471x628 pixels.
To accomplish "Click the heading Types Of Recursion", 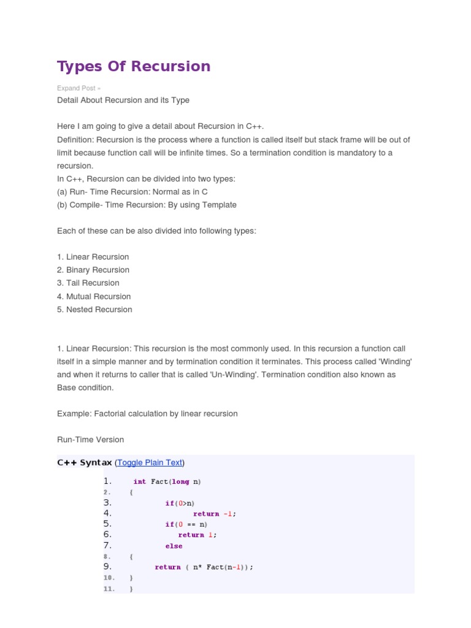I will click(134, 66).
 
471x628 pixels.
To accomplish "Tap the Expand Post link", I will click(78, 88).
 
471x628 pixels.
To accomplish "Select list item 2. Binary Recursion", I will click(93, 270).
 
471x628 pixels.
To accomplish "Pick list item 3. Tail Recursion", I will click(88, 283).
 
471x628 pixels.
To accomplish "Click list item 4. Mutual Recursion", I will click(94, 296).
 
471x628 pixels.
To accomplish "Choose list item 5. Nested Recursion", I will click(94, 310).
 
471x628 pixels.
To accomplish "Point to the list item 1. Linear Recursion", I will click(93, 257).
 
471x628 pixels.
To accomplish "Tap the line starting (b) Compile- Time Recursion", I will click(147, 205).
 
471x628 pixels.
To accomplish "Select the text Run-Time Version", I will click(91, 440).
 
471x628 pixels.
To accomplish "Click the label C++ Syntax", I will click(85, 462).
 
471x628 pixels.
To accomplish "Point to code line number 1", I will click(107, 481).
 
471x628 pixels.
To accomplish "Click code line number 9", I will click(107, 567).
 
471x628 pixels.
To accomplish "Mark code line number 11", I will click(109, 589).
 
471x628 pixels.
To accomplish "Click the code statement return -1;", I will click(215, 514).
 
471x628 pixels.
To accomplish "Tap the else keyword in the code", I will click(174, 546).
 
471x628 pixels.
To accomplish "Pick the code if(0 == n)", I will click(186, 524).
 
